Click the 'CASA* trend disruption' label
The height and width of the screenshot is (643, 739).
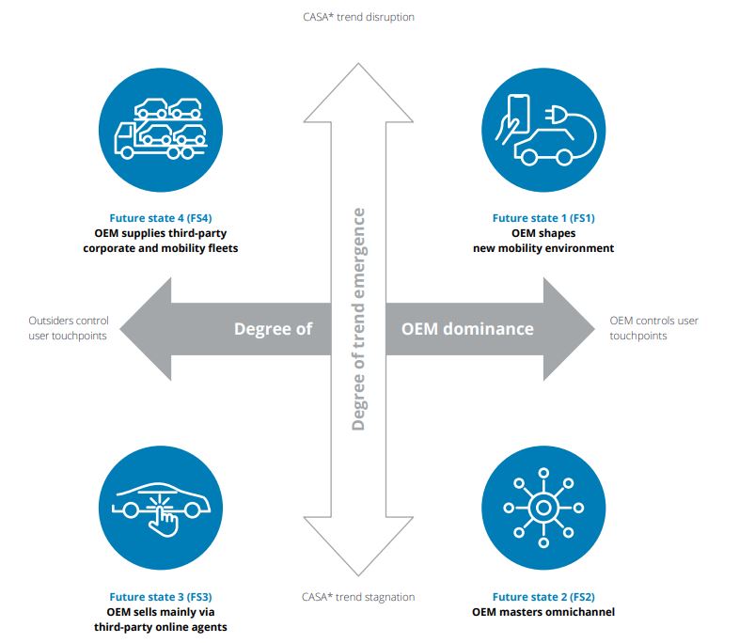(358, 17)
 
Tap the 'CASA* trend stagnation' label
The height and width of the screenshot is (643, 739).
(358, 597)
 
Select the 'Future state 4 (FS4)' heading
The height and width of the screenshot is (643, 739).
(161, 218)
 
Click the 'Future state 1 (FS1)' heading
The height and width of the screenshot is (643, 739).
(543, 218)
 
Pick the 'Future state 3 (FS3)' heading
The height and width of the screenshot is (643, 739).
(161, 597)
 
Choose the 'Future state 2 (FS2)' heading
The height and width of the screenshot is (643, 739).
(543, 597)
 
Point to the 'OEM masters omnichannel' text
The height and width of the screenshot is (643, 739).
(543, 612)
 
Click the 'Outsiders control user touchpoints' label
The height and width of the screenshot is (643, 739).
(69, 328)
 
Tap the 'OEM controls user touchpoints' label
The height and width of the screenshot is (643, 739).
(653, 328)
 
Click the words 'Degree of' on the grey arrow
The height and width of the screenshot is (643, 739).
(274, 329)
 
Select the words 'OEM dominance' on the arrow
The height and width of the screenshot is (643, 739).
(467, 329)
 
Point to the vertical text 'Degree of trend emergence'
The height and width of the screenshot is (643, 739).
(358, 319)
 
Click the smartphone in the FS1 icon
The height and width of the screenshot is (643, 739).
(518, 113)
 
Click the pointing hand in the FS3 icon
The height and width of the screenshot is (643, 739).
(163, 521)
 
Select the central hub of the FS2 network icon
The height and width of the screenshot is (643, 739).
(543, 508)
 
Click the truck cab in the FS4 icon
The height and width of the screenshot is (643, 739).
(125, 140)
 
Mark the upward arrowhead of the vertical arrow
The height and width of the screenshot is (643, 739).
(358, 93)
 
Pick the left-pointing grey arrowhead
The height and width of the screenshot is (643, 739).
(146, 329)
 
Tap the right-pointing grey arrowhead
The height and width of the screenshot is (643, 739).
(569, 329)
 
